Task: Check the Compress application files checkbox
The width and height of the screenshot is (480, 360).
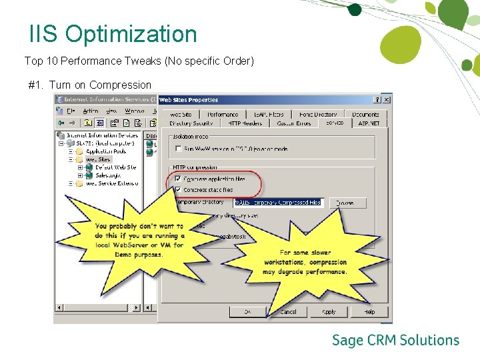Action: tap(177, 179)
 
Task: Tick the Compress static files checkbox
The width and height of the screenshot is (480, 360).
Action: tap(177, 189)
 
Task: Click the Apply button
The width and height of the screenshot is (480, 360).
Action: tap(329, 311)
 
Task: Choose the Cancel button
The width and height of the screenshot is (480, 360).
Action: tap(288, 311)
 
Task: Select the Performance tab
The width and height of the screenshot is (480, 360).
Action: tap(222, 115)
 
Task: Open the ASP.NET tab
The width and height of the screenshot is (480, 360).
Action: tap(369, 123)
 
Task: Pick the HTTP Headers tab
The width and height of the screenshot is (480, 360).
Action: tap(245, 123)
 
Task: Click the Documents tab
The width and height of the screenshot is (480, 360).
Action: tap(365, 115)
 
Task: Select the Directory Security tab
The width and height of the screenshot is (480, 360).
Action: tap(191, 123)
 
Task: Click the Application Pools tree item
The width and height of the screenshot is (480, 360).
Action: tap(106, 151)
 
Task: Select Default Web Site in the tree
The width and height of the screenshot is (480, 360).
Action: tap(115, 167)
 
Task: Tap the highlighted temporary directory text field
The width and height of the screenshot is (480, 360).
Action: tap(277, 202)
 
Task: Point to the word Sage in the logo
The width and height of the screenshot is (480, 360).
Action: tap(348, 341)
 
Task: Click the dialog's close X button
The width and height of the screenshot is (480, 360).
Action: tap(386, 100)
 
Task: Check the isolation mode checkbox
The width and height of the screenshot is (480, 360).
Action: tap(177, 149)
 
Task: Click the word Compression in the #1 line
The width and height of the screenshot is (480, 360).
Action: tap(120, 85)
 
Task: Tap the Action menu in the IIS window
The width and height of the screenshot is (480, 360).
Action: tap(91, 111)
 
